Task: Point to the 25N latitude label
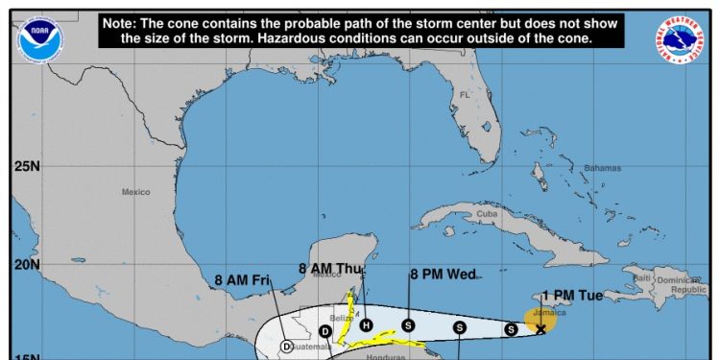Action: (26, 166)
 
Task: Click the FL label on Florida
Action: (465, 95)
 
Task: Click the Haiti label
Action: (641, 277)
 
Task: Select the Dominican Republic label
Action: (687, 284)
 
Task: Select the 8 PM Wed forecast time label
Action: (443, 275)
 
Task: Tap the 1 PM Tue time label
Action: (572, 296)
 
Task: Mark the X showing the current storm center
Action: (540, 329)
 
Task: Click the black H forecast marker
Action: (366, 325)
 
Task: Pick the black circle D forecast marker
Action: (325, 331)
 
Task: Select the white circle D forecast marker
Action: (286, 347)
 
